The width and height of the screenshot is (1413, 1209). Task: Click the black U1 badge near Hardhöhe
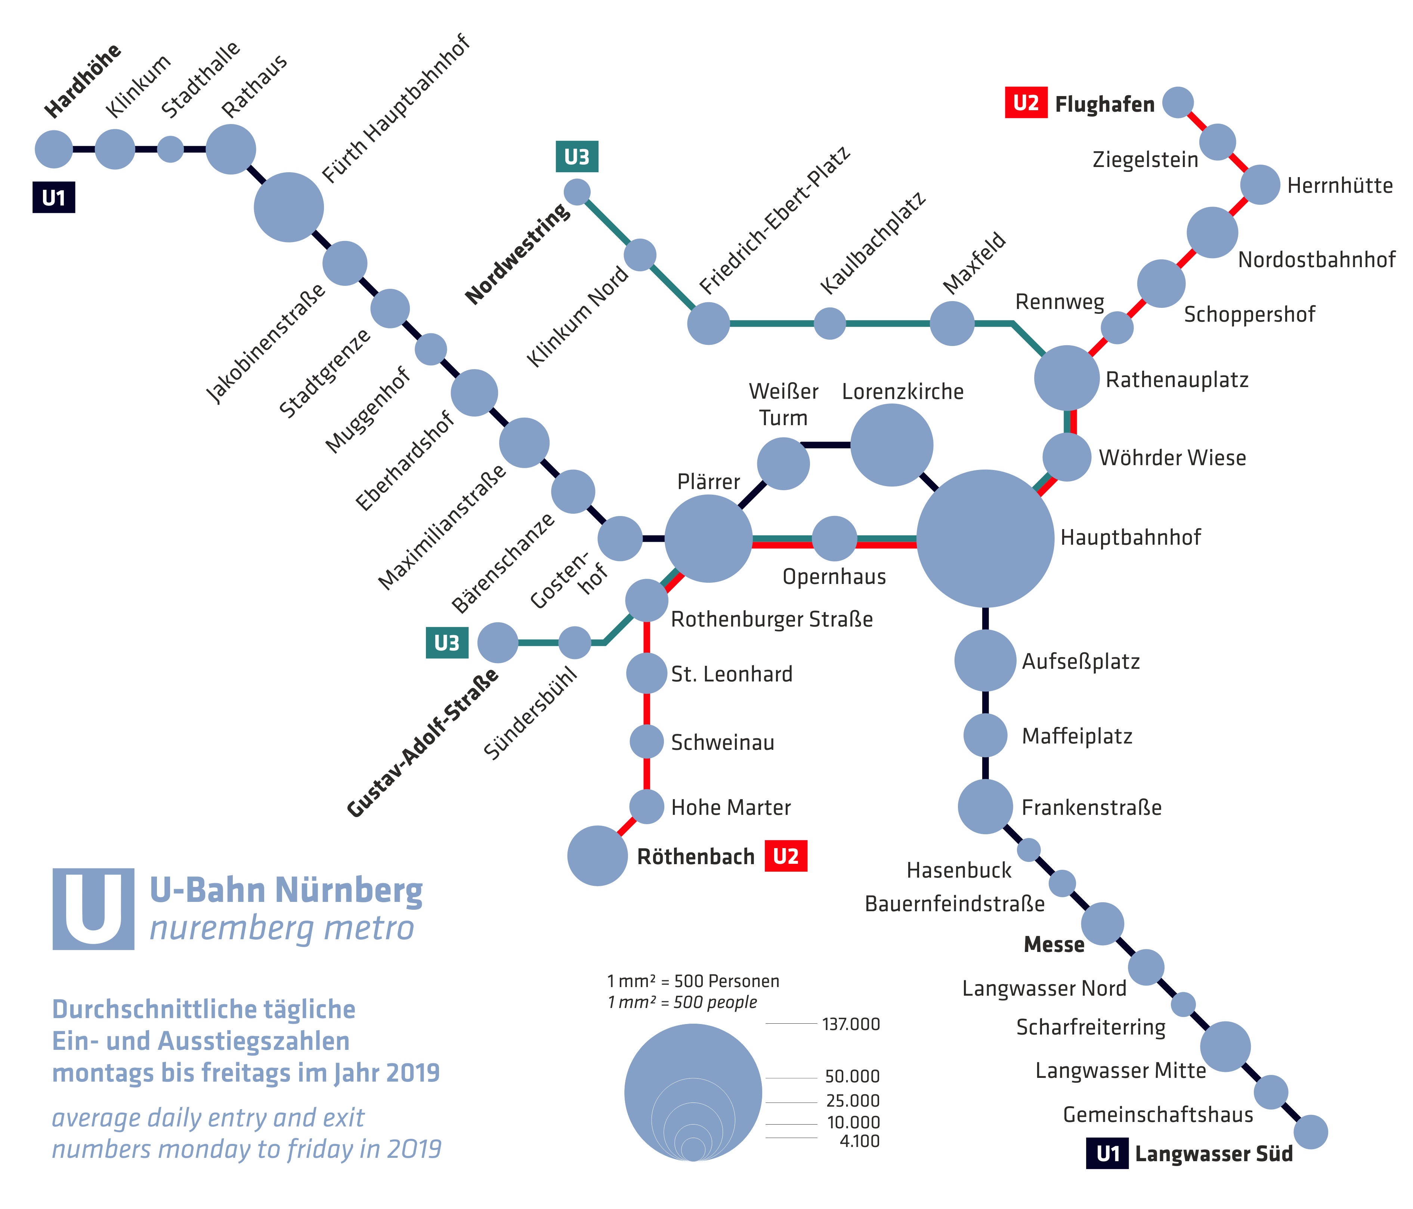(54, 198)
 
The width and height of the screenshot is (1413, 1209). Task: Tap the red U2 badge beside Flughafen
(1026, 103)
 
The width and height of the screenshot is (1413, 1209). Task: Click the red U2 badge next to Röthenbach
(786, 856)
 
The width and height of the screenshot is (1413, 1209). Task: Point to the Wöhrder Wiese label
(1172, 458)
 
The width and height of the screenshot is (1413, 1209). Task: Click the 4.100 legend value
(859, 1141)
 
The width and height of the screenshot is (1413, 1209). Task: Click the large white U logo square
(93, 909)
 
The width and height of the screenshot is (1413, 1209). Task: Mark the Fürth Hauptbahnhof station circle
(288, 207)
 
